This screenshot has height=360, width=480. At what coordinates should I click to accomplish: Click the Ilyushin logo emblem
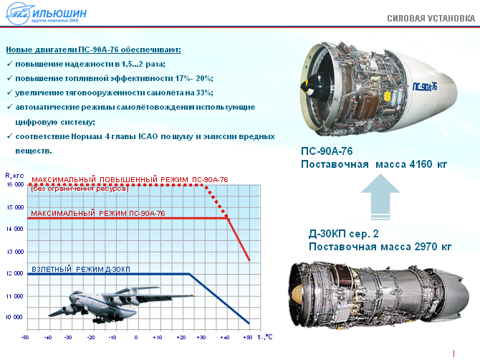(19, 13)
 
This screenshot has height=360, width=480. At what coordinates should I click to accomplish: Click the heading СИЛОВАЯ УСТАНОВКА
(431, 19)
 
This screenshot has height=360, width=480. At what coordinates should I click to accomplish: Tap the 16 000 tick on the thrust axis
(15, 184)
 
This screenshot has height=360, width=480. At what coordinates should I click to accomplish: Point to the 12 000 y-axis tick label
(15, 273)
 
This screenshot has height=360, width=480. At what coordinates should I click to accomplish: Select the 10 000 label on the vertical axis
(14, 317)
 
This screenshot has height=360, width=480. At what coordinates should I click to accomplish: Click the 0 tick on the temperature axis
(136, 338)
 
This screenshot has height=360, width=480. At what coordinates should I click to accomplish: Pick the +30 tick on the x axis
(201, 338)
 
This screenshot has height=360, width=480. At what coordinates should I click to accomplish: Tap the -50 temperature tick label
(25, 338)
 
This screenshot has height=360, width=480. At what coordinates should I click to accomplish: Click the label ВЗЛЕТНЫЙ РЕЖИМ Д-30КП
(81, 270)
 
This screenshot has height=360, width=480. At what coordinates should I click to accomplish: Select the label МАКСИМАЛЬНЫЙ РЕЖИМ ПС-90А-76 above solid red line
(98, 213)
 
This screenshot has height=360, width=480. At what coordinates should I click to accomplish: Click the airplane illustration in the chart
(121, 305)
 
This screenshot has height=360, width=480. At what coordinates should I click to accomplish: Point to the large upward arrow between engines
(380, 196)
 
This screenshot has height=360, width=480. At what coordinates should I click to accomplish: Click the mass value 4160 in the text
(421, 164)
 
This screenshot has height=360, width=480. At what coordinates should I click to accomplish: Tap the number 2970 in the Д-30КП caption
(426, 247)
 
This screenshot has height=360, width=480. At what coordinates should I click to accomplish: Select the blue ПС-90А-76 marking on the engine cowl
(425, 87)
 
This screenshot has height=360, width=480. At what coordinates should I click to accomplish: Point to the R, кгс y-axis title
(14, 176)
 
